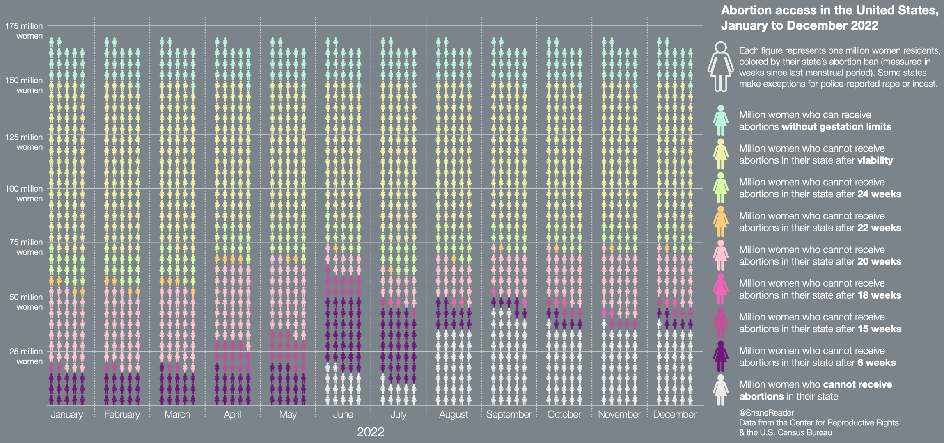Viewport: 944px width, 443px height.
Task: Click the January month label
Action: pyautogui.click(x=66, y=414)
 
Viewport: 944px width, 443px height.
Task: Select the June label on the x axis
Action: pyautogui.click(x=343, y=414)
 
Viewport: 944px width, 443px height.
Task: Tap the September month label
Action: pyautogui.click(x=509, y=414)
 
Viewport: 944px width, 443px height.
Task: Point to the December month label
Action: pyautogui.click(x=674, y=414)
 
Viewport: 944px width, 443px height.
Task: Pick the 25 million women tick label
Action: pyautogui.click(x=26, y=356)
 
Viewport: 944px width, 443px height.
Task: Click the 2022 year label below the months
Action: pyautogui.click(x=370, y=432)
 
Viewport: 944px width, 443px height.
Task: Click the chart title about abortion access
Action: pyautogui.click(x=829, y=18)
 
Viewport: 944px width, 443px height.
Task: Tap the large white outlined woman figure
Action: pyautogui.click(x=720, y=66)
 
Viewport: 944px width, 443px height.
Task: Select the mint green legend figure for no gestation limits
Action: pyautogui.click(x=720, y=120)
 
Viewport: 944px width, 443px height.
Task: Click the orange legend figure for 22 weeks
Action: pyautogui.click(x=720, y=221)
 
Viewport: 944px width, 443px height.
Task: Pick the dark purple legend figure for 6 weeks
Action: pyautogui.click(x=720, y=356)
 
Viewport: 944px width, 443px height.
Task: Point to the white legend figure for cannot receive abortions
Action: pyautogui.click(x=720, y=390)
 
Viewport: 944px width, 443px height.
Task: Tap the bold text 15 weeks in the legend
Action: pyautogui.click(x=879, y=329)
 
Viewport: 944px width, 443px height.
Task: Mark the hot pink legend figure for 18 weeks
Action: pyautogui.click(x=720, y=289)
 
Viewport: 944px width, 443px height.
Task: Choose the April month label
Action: pyautogui.click(x=232, y=414)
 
